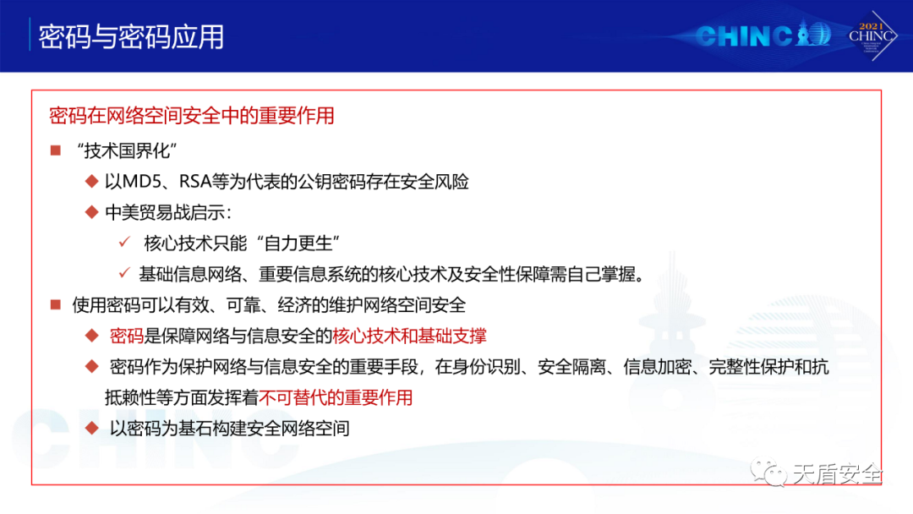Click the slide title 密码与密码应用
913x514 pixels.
(131, 37)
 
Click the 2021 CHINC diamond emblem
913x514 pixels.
(871, 36)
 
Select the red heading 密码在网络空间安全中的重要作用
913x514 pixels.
(192, 115)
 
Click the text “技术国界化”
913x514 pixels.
(127, 150)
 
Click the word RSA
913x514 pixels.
(195, 182)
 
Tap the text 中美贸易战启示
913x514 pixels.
(165, 212)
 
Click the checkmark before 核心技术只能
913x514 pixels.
(124, 242)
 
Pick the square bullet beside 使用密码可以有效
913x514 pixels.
(56, 304)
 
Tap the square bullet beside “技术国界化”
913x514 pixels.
(56, 150)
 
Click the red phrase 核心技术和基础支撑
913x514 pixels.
(409, 336)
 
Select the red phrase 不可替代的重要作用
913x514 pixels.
(336, 397)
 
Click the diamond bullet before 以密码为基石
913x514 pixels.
(91, 429)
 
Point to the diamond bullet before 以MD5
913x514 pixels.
(91, 182)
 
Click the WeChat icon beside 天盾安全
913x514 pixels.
(768, 473)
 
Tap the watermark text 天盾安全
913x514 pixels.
(837, 474)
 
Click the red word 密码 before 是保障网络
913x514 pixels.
(126, 336)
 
